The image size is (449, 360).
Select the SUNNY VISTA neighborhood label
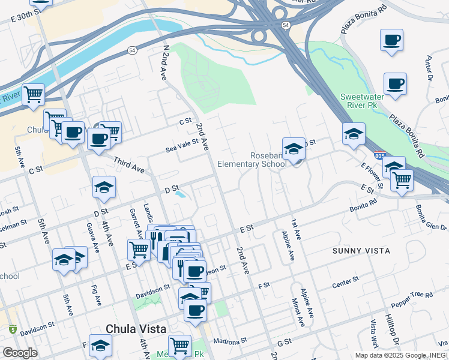point(361,250)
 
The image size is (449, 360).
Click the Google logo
point(20,353)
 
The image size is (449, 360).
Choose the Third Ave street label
point(129,166)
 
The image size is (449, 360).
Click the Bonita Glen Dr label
point(431,218)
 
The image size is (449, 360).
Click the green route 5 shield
point(13,329)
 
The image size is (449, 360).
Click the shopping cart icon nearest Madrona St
point(179,344)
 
